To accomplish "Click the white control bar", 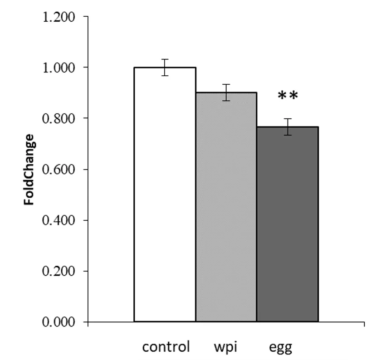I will coord(165,195).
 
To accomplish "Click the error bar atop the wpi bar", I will coord(226,92).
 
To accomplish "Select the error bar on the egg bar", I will coord(288,127).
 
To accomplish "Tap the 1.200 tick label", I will coord(58,17).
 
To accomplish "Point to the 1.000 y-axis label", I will coord(58,68).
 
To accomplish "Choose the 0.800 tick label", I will coord(58,119).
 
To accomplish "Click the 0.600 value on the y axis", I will coord(58,170).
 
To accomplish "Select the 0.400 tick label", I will coord(58,221).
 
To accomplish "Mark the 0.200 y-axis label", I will coord(58,272).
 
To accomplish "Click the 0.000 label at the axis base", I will coord(58,322).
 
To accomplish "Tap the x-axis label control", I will coord(166,348).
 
